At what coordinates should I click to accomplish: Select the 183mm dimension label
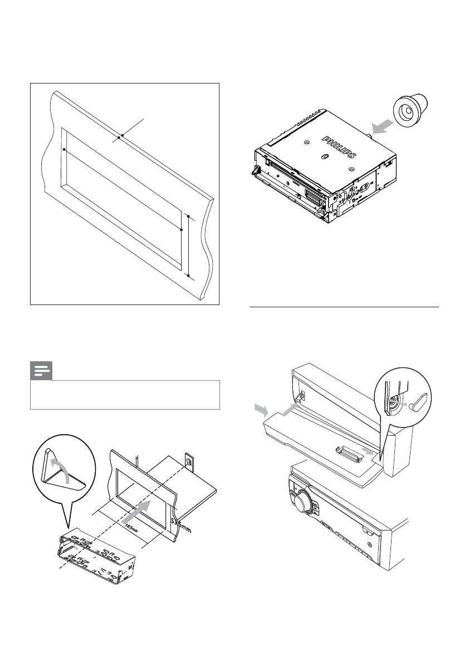tap(131, 527)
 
